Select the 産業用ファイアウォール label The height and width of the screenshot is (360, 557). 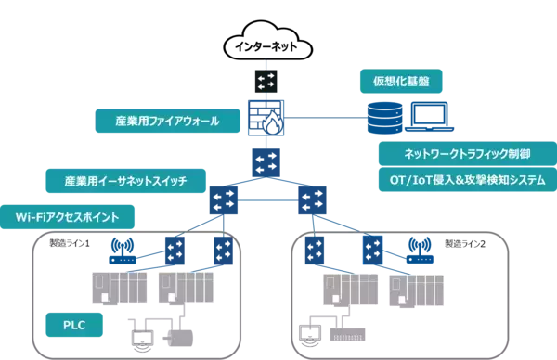coord(155,121)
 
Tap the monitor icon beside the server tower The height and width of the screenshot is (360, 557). coord(429,117)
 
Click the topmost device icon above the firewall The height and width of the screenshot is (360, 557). coord(266,78)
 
